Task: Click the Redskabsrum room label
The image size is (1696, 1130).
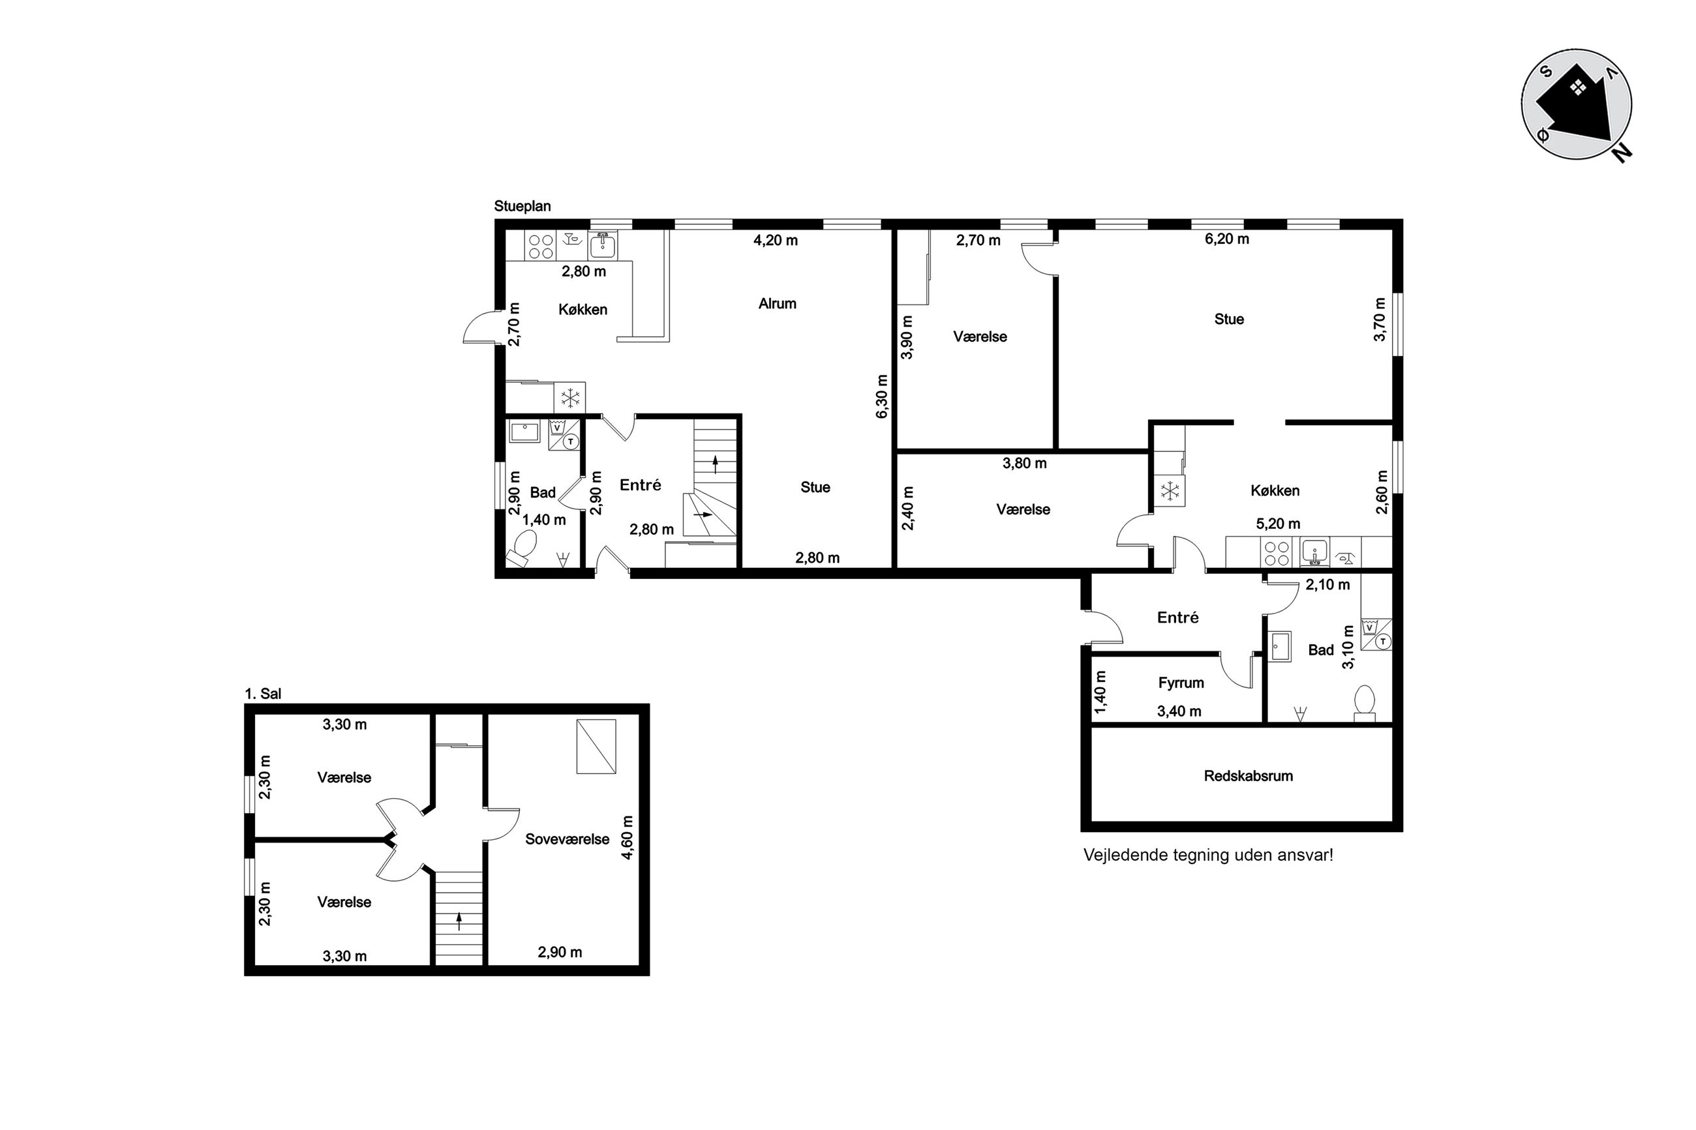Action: (1248, 776)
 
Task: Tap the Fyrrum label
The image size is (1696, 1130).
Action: (1181, 683)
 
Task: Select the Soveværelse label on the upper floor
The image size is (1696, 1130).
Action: (567, 839)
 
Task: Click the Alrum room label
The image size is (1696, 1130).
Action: (777, 303)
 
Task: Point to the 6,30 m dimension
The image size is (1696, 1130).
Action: (881, 396)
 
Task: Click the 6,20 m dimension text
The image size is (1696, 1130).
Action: (1227, 239)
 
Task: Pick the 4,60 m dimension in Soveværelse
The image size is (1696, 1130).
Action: (627, 837)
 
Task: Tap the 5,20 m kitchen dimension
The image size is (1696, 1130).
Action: (1278, 524)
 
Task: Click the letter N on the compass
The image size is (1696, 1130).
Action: (1622, 153)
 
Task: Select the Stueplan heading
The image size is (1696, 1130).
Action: (522, 206)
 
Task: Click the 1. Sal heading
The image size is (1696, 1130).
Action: (262, 694)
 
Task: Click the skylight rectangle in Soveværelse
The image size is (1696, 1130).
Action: (596, 747)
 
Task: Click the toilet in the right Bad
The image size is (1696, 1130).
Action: (1365, 704)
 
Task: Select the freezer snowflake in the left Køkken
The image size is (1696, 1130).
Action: (570, 397)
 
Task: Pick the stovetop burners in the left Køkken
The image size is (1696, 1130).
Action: (540, 245)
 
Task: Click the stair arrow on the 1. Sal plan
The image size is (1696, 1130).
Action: (459, 921)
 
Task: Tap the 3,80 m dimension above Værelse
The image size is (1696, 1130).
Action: (1024, 464)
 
